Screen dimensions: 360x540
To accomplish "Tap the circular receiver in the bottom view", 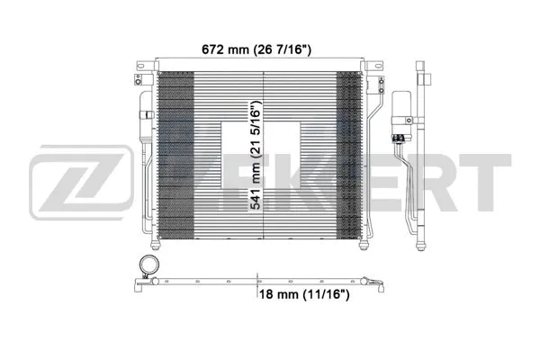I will [145, 267].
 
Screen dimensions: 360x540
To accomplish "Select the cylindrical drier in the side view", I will [397, 110].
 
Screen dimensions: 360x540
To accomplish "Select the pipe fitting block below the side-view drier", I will [397, 138].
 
